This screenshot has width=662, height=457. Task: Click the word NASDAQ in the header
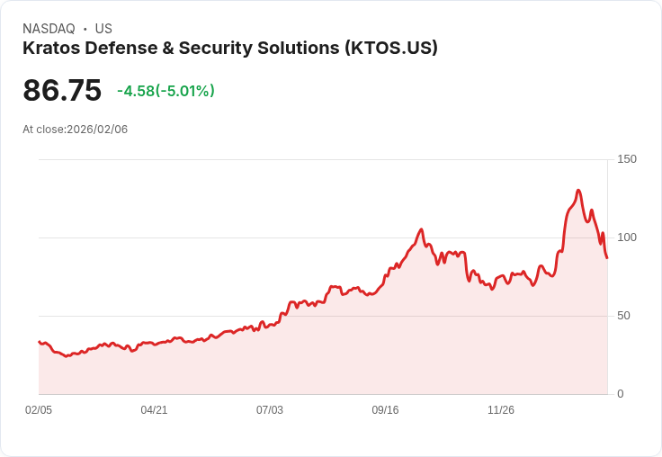click(x=49, y=29)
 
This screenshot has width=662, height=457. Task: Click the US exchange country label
click(x=103, y=29)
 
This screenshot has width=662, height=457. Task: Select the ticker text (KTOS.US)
click(x=391, y=49)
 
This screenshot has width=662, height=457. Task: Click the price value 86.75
click(x=62, y=91)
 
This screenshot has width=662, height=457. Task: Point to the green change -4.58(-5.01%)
click(x=165, y=91)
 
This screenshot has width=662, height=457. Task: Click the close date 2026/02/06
click(x=97, y=130)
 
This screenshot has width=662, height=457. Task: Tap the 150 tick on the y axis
click(x=626, y=159)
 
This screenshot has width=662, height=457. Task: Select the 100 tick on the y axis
click(x=626, y=237)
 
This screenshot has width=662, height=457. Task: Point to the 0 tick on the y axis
click(x=620, y=394)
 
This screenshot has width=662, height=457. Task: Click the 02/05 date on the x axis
click(x=39, y=410)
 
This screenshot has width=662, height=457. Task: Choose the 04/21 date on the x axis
click(x=154, y=410)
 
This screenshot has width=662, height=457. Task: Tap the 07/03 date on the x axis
click(x=270, y=410)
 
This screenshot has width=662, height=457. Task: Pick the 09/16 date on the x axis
click(x=385, y=410)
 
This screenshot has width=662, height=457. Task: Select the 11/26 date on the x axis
click(x=501, y=410)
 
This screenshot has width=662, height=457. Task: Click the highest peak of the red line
click(x=578, y=191)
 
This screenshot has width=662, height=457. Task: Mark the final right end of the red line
click(x=607, y=258)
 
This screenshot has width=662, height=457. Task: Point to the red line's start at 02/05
click(x=40, y=342)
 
